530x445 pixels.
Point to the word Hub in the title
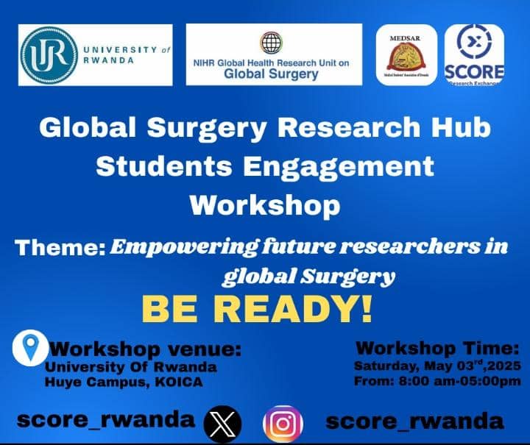[x=464, y=129]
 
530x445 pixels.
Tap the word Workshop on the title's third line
[x=265, y=203]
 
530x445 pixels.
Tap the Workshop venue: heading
[x=144, y=349]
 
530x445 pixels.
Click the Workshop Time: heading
[x=437, y=347]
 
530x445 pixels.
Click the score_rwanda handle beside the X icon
[x=106, y=421]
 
